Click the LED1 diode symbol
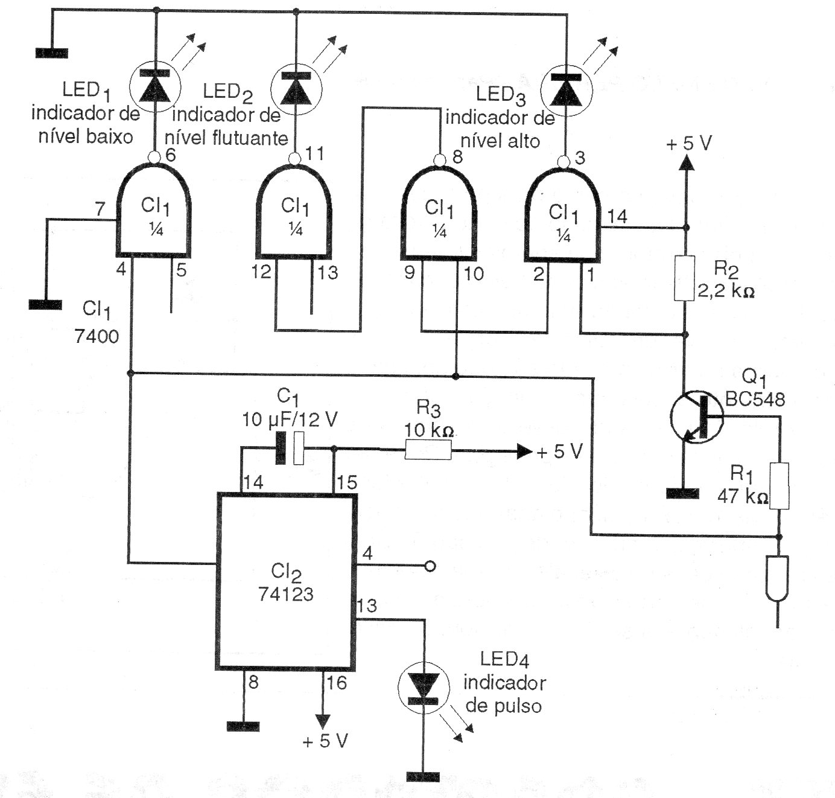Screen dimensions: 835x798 155,86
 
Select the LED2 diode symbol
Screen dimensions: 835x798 296,89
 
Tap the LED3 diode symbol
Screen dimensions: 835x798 566,91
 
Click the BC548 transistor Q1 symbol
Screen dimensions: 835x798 696,417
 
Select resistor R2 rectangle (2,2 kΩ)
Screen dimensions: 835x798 684,278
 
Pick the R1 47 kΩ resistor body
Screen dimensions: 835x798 779,485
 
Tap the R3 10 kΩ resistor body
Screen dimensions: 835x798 428,451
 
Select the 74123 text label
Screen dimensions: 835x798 286,594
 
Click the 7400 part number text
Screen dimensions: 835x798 97,336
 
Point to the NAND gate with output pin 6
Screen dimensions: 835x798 153,210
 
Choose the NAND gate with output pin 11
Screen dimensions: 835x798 294,211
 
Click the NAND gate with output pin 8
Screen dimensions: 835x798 439,213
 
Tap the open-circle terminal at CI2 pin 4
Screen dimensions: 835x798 430,566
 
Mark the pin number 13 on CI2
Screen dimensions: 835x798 367,605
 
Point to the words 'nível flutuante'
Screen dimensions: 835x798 226,138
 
